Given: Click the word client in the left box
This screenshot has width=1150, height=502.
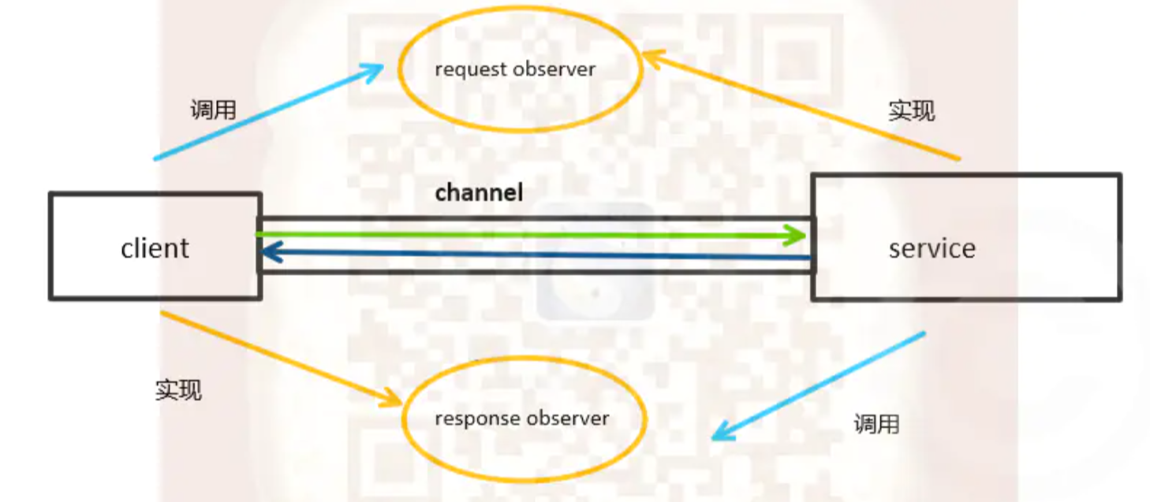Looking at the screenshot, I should (155, 248).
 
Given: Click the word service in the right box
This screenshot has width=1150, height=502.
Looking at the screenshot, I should (932, 248).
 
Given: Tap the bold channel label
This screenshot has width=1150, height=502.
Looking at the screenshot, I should (479, 192).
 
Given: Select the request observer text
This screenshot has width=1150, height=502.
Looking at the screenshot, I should (514, 69).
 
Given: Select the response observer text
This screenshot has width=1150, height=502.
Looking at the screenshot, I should (521, 418).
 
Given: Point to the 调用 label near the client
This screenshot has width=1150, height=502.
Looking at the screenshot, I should (213, 110).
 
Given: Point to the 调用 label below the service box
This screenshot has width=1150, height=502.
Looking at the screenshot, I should (876, 424).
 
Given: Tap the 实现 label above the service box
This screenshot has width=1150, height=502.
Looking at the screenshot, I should (911, 110).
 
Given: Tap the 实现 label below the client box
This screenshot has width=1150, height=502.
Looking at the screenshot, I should (178, 389).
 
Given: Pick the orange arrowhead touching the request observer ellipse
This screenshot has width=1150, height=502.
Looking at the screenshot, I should (652, 56).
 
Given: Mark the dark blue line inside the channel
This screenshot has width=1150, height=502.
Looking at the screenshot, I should (536, 255).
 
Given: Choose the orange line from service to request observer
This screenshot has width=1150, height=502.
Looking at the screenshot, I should (805, 107).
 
